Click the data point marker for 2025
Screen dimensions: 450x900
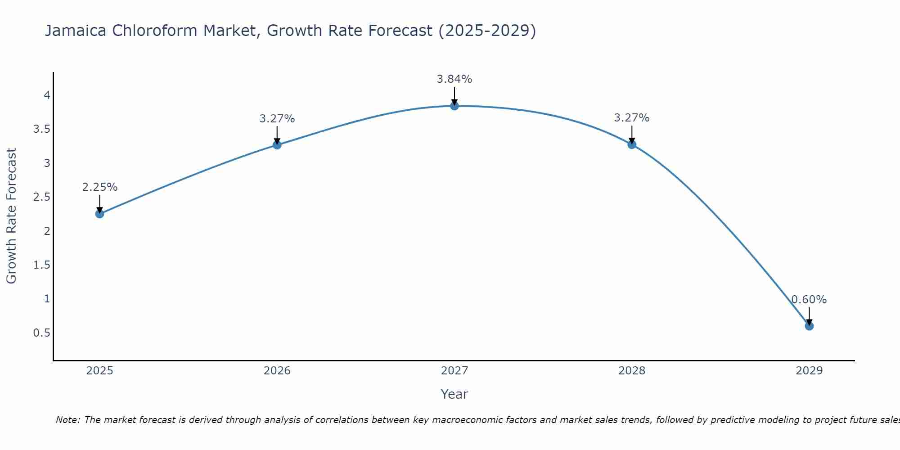[x=100, y=214]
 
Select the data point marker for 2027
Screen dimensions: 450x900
[x=454, y=106]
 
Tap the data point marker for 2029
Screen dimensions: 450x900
[x=809, y=326]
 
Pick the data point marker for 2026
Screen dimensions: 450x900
[x=277, y=144]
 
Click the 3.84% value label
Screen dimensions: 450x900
[x=454, y=79]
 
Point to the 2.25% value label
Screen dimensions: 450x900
[x=100, y=187]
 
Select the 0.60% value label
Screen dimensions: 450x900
[x=809, y=300]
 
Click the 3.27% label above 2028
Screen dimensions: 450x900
[x=632, y=118]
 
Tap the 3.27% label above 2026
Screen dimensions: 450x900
[x=277, y=119]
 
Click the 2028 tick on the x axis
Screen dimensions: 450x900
[x=632, y=371]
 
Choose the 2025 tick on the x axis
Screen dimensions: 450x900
[x=100, y=371]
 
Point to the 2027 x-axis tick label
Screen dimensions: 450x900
[x=454, y=371]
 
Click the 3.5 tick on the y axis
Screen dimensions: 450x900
[x=41, y=129]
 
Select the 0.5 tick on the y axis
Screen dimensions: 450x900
[x=41, y=333]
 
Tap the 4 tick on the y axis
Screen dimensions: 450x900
[x=47, y=95]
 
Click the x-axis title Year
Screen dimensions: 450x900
[x=454, y=394]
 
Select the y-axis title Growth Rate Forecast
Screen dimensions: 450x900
[x=11, y=216]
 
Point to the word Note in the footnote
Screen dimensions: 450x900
[x=67, y=420]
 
